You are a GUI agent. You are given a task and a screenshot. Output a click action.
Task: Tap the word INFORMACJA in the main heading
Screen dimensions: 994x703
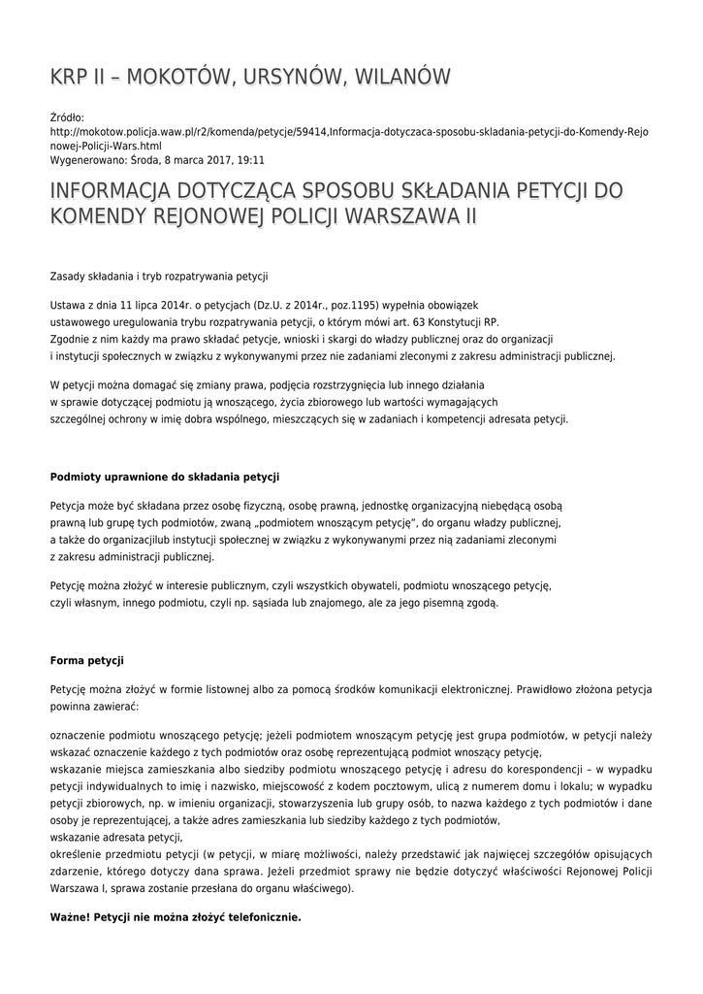(x=125, y=188)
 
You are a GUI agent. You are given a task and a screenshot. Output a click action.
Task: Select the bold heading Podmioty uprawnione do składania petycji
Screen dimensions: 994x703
(x=164, y=477)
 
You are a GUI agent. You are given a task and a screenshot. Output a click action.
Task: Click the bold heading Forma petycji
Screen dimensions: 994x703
(x=87, y=661)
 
